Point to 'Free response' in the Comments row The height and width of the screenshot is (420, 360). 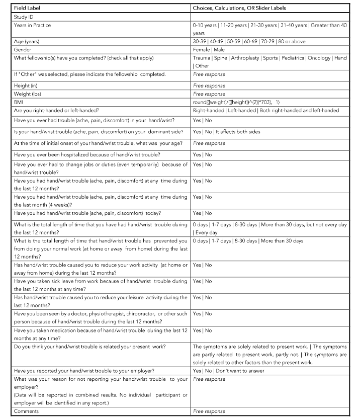(x=209, y=411)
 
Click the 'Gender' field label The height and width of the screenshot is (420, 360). (x=23, y=50)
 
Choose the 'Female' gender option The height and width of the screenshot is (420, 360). (x=201, y=50)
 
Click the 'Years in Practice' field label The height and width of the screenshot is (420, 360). (x=33, y=25)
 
